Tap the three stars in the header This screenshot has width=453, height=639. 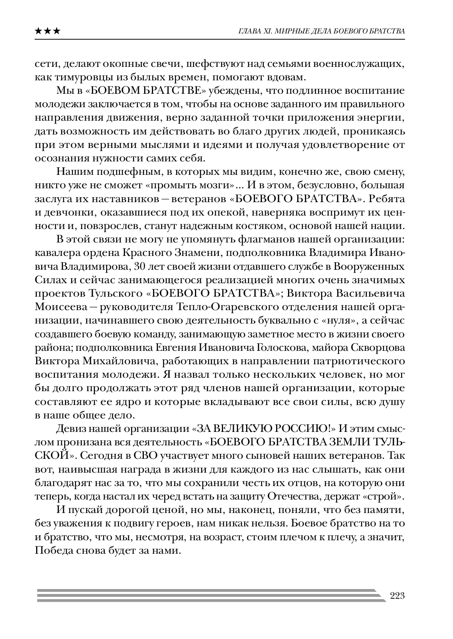pyautogui.click(x=47, y=31)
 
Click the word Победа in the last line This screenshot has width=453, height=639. pyautogui.click(x=53, y=551)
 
